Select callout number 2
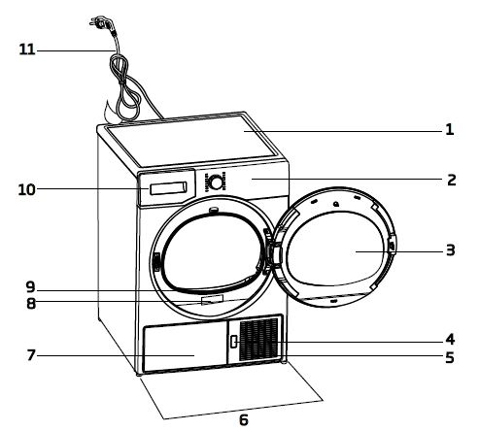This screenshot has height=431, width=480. (x=451, y=180)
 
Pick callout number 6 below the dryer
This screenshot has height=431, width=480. (x=244, y=419)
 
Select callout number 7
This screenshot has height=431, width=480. (x=32, y=354)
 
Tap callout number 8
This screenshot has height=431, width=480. (x=32, y=303)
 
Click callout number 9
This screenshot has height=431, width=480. (x=32, y=286)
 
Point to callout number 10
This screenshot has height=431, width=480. (x=27, y=188)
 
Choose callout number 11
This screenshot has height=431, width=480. (x=27, y=48)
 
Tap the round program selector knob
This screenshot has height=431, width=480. (x=216, y=182)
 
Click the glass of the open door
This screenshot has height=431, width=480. (x=337, y=249)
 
